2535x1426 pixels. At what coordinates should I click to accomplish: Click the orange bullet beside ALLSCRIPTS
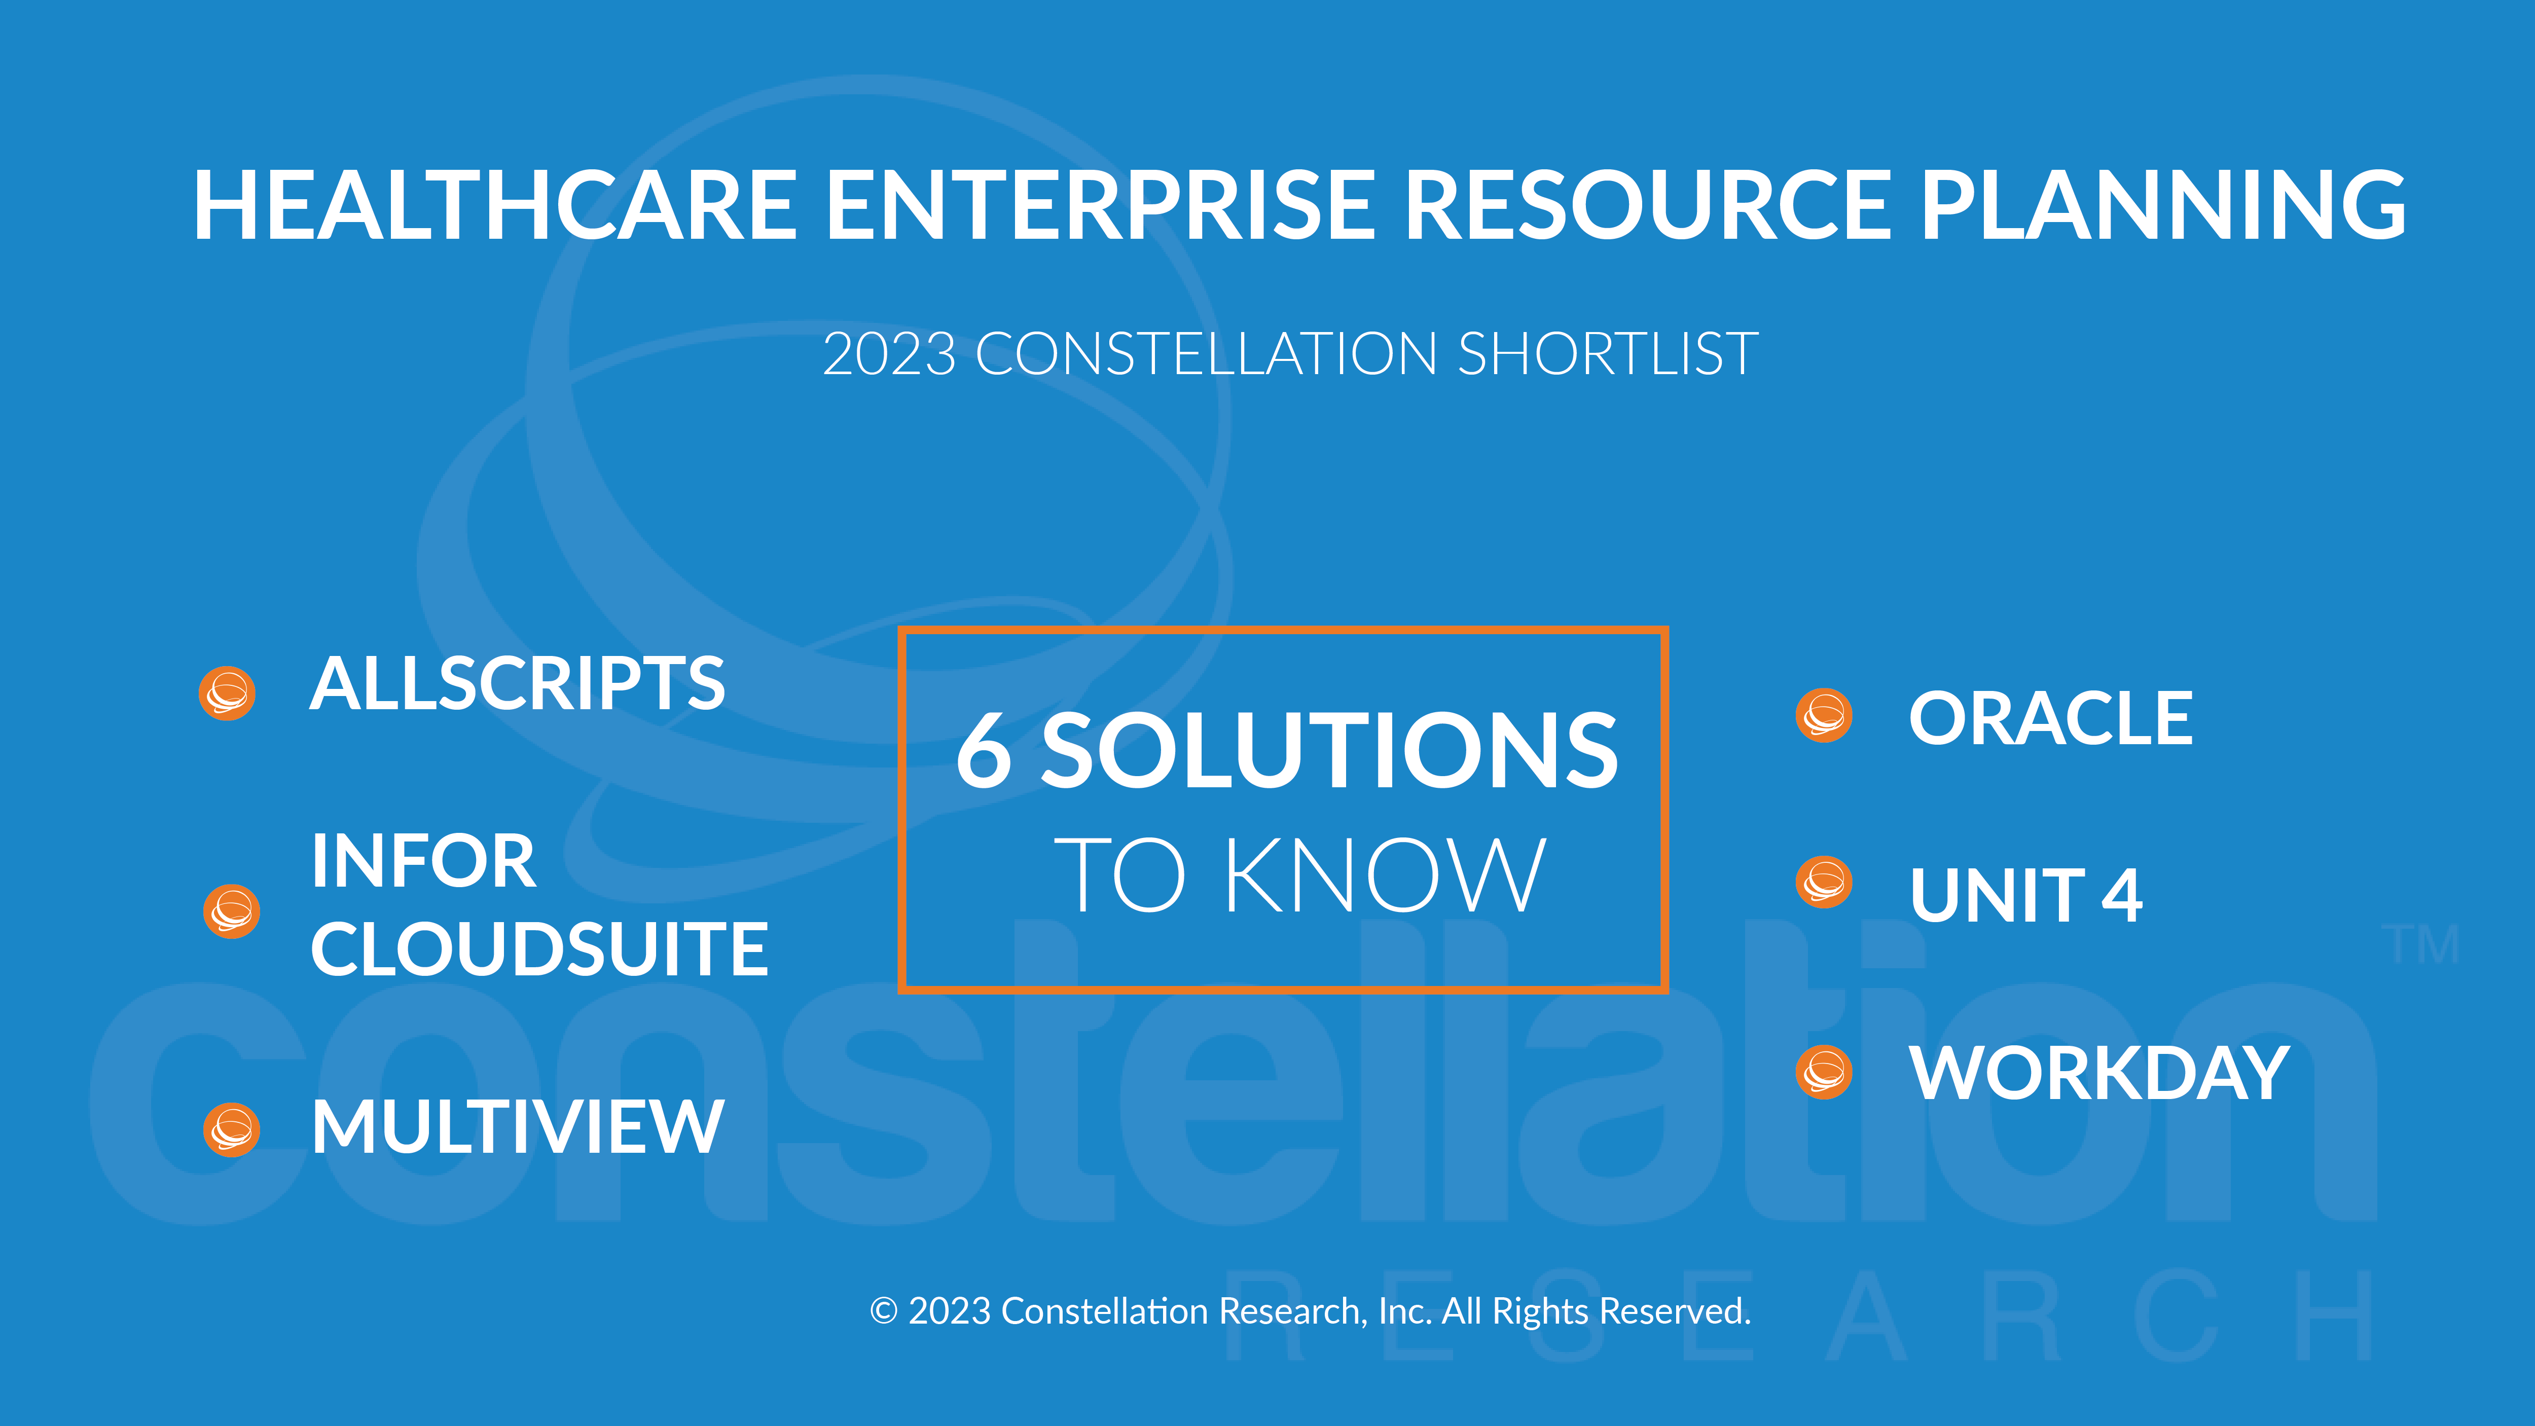coord(227,693)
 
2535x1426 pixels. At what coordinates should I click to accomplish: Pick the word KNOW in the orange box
coord(1385,875)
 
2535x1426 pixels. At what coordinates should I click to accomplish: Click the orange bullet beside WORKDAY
coord(1824,1072)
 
